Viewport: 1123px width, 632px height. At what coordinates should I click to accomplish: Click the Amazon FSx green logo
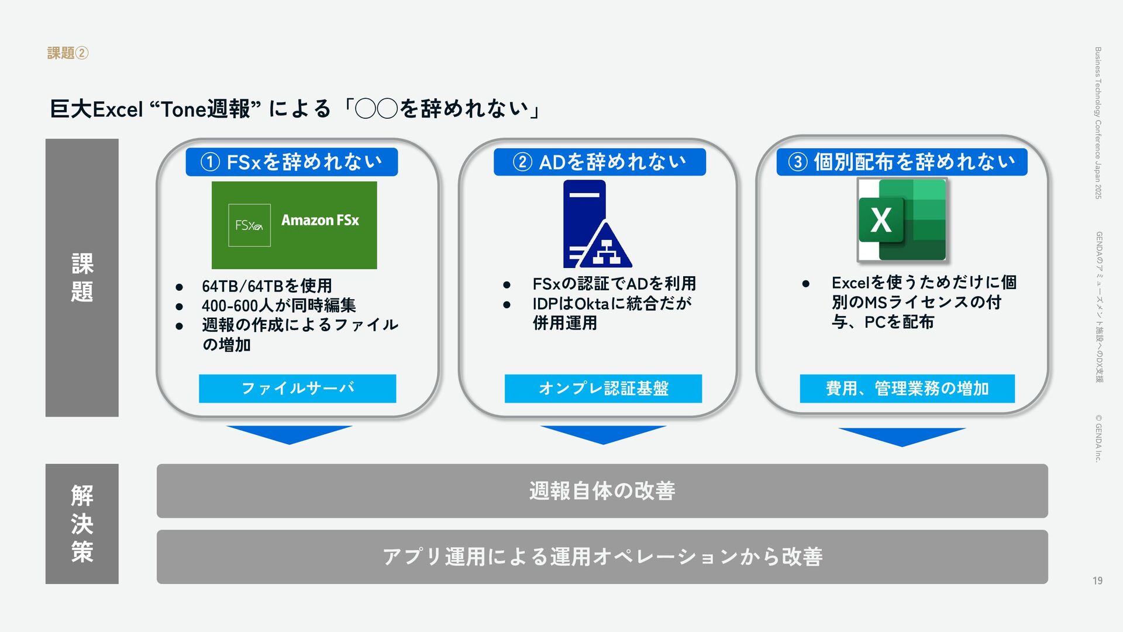point(294,225)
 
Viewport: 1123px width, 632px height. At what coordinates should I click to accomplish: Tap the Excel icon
point(902,220)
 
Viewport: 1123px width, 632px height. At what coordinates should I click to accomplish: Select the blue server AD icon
point(597,224)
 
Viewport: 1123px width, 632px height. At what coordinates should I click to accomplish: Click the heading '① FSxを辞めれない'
point(291,162)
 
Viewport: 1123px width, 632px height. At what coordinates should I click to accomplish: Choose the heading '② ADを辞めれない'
point(600,162)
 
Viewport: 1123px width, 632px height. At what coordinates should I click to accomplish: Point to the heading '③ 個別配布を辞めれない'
point(901,162)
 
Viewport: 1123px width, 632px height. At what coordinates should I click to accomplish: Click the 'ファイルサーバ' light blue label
point(297,389)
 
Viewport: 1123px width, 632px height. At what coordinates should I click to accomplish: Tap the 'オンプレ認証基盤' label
point(603,389)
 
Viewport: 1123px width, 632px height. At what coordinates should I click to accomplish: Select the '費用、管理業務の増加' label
point(907,389)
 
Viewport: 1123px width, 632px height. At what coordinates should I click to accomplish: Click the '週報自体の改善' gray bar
point(602,491)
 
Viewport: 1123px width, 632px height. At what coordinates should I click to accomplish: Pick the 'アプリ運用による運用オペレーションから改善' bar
point(602,557)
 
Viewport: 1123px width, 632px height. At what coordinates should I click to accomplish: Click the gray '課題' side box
point(82,277)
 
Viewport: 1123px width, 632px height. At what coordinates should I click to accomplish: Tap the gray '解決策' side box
point(82,524)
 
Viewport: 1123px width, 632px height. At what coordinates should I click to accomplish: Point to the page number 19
point(1097,581)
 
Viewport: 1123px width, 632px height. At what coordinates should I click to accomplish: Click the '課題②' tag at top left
point(67,53)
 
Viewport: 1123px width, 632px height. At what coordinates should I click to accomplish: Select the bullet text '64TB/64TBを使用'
point(267,286)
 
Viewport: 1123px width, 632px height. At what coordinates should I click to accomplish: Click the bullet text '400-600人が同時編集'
point(278,305)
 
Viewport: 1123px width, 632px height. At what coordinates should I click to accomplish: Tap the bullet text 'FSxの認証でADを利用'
point(614,284)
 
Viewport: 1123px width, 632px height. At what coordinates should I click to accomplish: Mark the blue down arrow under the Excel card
point(901,437)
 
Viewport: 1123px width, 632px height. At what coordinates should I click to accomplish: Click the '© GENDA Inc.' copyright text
point(1098,438)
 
